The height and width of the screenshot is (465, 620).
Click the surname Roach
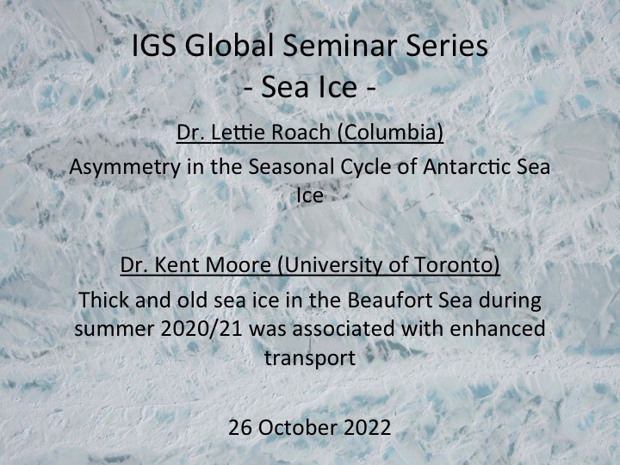301,132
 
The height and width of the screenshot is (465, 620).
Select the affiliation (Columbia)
391,132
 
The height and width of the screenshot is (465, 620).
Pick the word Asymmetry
125,167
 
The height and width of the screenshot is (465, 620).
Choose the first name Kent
177,265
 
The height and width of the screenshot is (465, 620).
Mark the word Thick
103,300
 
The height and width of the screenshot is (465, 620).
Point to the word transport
310,358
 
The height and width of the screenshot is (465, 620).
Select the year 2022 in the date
368,427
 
